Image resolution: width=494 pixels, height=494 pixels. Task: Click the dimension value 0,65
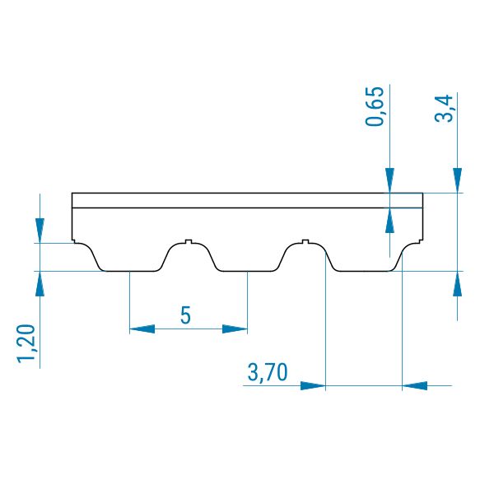(x=375, y=106)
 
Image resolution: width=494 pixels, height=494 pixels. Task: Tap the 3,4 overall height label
(x=444, y=109)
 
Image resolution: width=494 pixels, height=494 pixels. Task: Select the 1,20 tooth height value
(x=26, y=343)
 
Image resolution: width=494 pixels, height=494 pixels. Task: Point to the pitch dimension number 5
(x=185, y=315)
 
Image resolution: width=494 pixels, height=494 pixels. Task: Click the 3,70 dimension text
(x=268, y=372)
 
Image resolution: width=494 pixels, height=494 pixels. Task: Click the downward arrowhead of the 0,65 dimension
(x=389, y=180)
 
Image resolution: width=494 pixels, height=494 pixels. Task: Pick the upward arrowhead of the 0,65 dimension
(x=389, y=220)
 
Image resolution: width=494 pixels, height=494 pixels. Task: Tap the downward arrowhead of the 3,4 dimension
(x=458, y=180)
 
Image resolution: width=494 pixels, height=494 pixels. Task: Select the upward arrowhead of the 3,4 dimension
(x=458, y=283)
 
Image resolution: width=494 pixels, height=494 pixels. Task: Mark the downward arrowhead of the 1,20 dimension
(x=40, y=231)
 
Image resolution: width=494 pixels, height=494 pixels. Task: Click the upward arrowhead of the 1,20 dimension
(x=40, y=283)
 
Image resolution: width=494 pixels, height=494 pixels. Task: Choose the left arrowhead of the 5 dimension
(x=142, y=329)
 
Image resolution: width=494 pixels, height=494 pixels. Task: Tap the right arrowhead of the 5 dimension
(x=235, y=329)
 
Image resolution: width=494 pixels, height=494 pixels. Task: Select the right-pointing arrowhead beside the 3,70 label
(x=313, y=385)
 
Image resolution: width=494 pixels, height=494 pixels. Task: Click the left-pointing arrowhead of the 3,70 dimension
(x=415, y=385)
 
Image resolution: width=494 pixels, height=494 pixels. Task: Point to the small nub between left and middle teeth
(x=189, y=241)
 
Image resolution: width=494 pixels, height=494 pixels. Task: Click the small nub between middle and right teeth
(x=305, y=241)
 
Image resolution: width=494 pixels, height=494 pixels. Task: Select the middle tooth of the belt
(x=247, y=257)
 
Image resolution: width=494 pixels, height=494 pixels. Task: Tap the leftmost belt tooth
(x=131, y=257)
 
